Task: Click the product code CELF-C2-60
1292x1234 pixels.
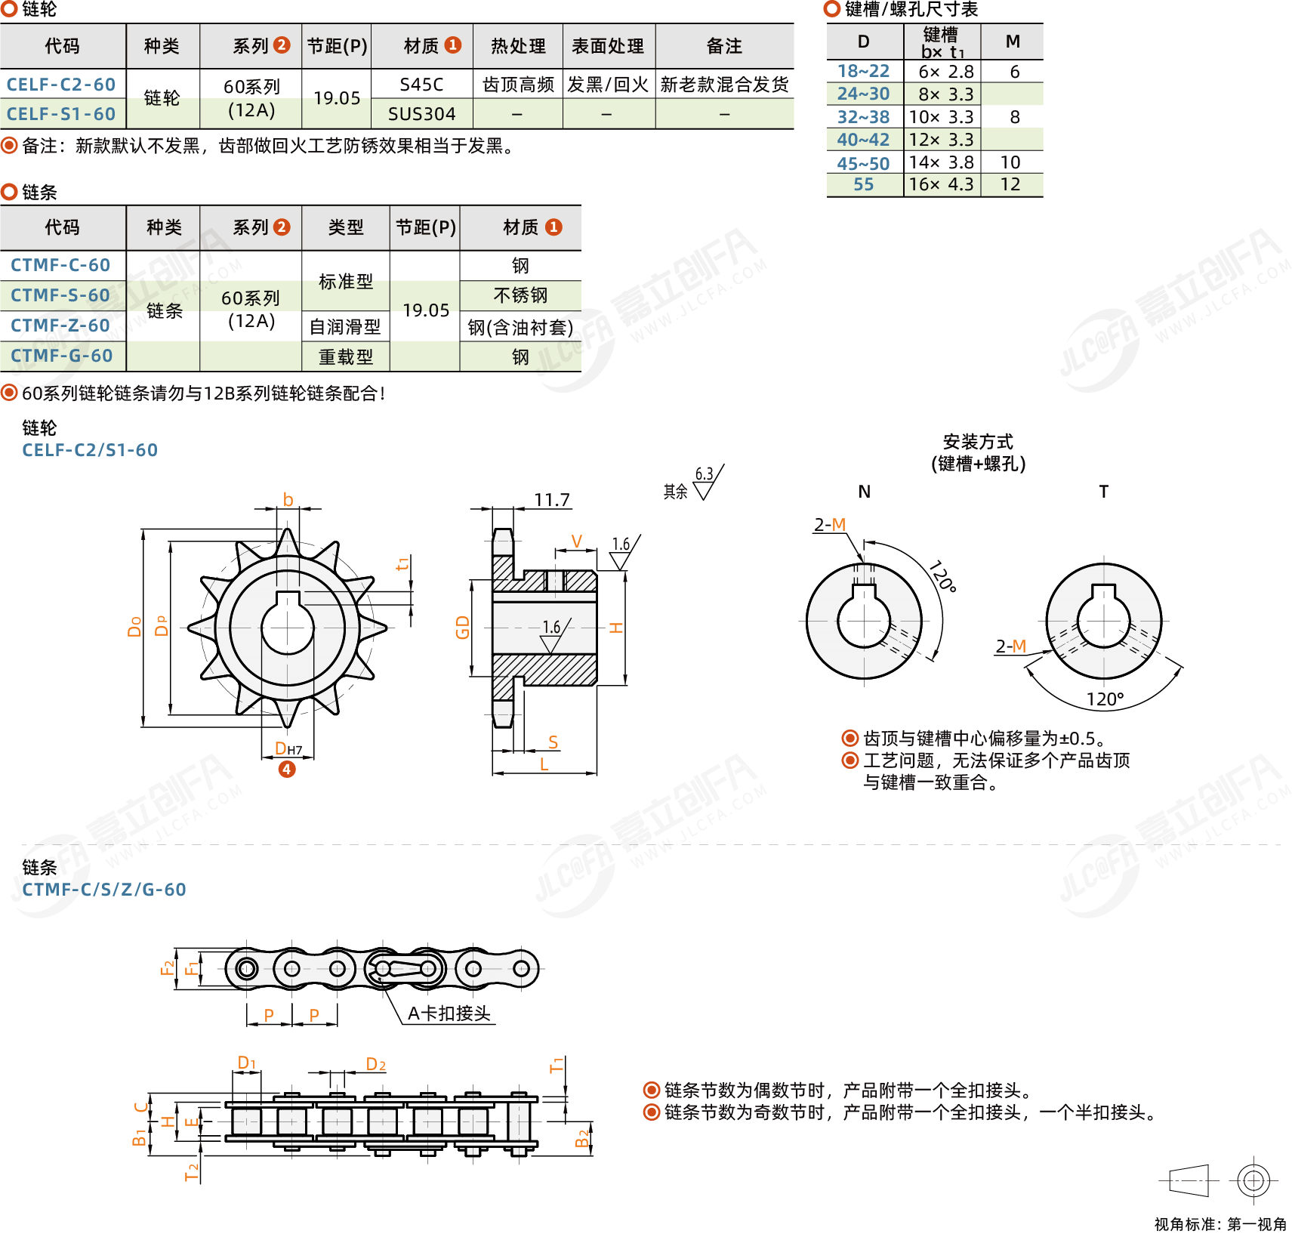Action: pyautogui.click(x=61, y=85)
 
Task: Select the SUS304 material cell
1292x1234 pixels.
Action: pyautogui.click(x=421, y=114)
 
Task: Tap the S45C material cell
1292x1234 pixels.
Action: pyautogui.click(x=421, y=85)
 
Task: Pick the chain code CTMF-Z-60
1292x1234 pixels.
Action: pyautogui.click(x=60, y=325)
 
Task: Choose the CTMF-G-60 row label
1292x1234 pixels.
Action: pyautogui.click(x=61, y=356)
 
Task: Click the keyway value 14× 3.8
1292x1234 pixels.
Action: pyautogui.click(x=941, y=162)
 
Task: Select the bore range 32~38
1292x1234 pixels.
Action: pyautogui.click(x=863, y=117)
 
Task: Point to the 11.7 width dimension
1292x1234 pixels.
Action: pyautogui.click(x=552, y=500)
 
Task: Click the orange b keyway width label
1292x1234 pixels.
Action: pyautogui.click(x=288, y=500)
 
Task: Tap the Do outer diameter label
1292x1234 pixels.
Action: pyautogui.click(x=135, y=627)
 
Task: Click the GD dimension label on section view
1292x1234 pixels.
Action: pyautogui.click(x=463, y=627)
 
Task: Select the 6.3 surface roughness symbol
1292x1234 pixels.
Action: pyautogui.click(x=706, y=480)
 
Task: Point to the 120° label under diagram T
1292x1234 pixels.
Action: pyautogui.click(x=1105, y=699)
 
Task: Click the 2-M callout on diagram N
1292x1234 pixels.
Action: pyautogui.click(x=829, y=525)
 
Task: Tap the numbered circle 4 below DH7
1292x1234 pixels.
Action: pyautogui.click(x=287, y=770)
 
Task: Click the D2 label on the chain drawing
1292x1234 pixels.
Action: pyautogui.click(x=375, y=1064)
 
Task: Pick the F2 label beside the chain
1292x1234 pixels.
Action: pyautogui.click(x=168, y=967)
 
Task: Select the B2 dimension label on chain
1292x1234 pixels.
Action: pyautogui.click(x=582, y=1138)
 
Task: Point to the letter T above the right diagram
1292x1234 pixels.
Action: pyautogui.click(x=1103, y=492)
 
